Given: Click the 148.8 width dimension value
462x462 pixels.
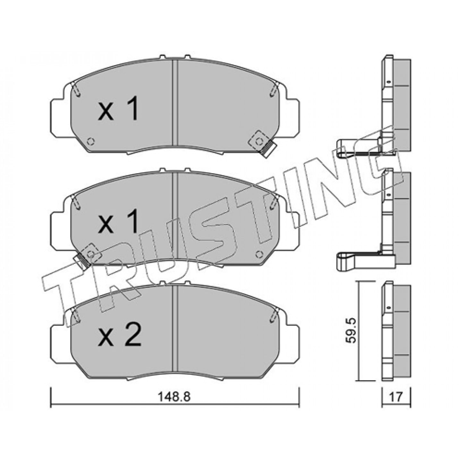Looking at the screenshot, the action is coord(174,397).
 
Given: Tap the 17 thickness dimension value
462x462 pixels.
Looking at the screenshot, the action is coord(396,397).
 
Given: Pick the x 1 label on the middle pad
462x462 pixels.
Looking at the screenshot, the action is coord(118,221).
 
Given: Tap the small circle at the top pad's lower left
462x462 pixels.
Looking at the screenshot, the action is coord(91,141).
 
